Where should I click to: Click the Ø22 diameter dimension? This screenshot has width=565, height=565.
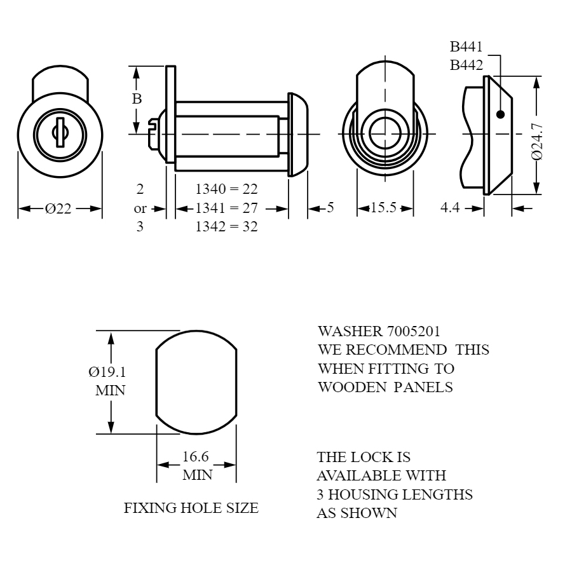(58, 208)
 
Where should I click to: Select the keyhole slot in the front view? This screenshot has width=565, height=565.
(60, 132)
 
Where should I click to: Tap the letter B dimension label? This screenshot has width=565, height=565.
(137, 99)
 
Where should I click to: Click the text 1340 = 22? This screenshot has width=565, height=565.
(227, 189)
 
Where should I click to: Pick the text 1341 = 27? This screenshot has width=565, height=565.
(227, 208)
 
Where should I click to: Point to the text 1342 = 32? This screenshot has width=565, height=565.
(227, 227)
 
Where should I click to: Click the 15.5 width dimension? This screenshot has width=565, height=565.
(383, 208)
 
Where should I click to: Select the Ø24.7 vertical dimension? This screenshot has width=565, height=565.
(537, 141)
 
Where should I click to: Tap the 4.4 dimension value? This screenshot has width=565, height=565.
(450, 208)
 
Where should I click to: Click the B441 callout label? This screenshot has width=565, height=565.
(466, 46)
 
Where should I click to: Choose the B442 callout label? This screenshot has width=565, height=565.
(466, 65)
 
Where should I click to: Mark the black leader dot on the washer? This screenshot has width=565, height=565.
(501, 114)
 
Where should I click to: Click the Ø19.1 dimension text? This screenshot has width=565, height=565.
(107, 372)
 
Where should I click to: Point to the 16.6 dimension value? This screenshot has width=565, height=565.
(196, 456)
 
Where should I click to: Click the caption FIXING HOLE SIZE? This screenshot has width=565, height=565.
(191, 508)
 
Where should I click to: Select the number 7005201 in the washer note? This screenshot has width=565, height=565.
(413, 332)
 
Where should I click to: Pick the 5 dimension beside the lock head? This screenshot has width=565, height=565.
(330, 208)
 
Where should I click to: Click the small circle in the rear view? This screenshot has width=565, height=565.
(385, 133)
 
